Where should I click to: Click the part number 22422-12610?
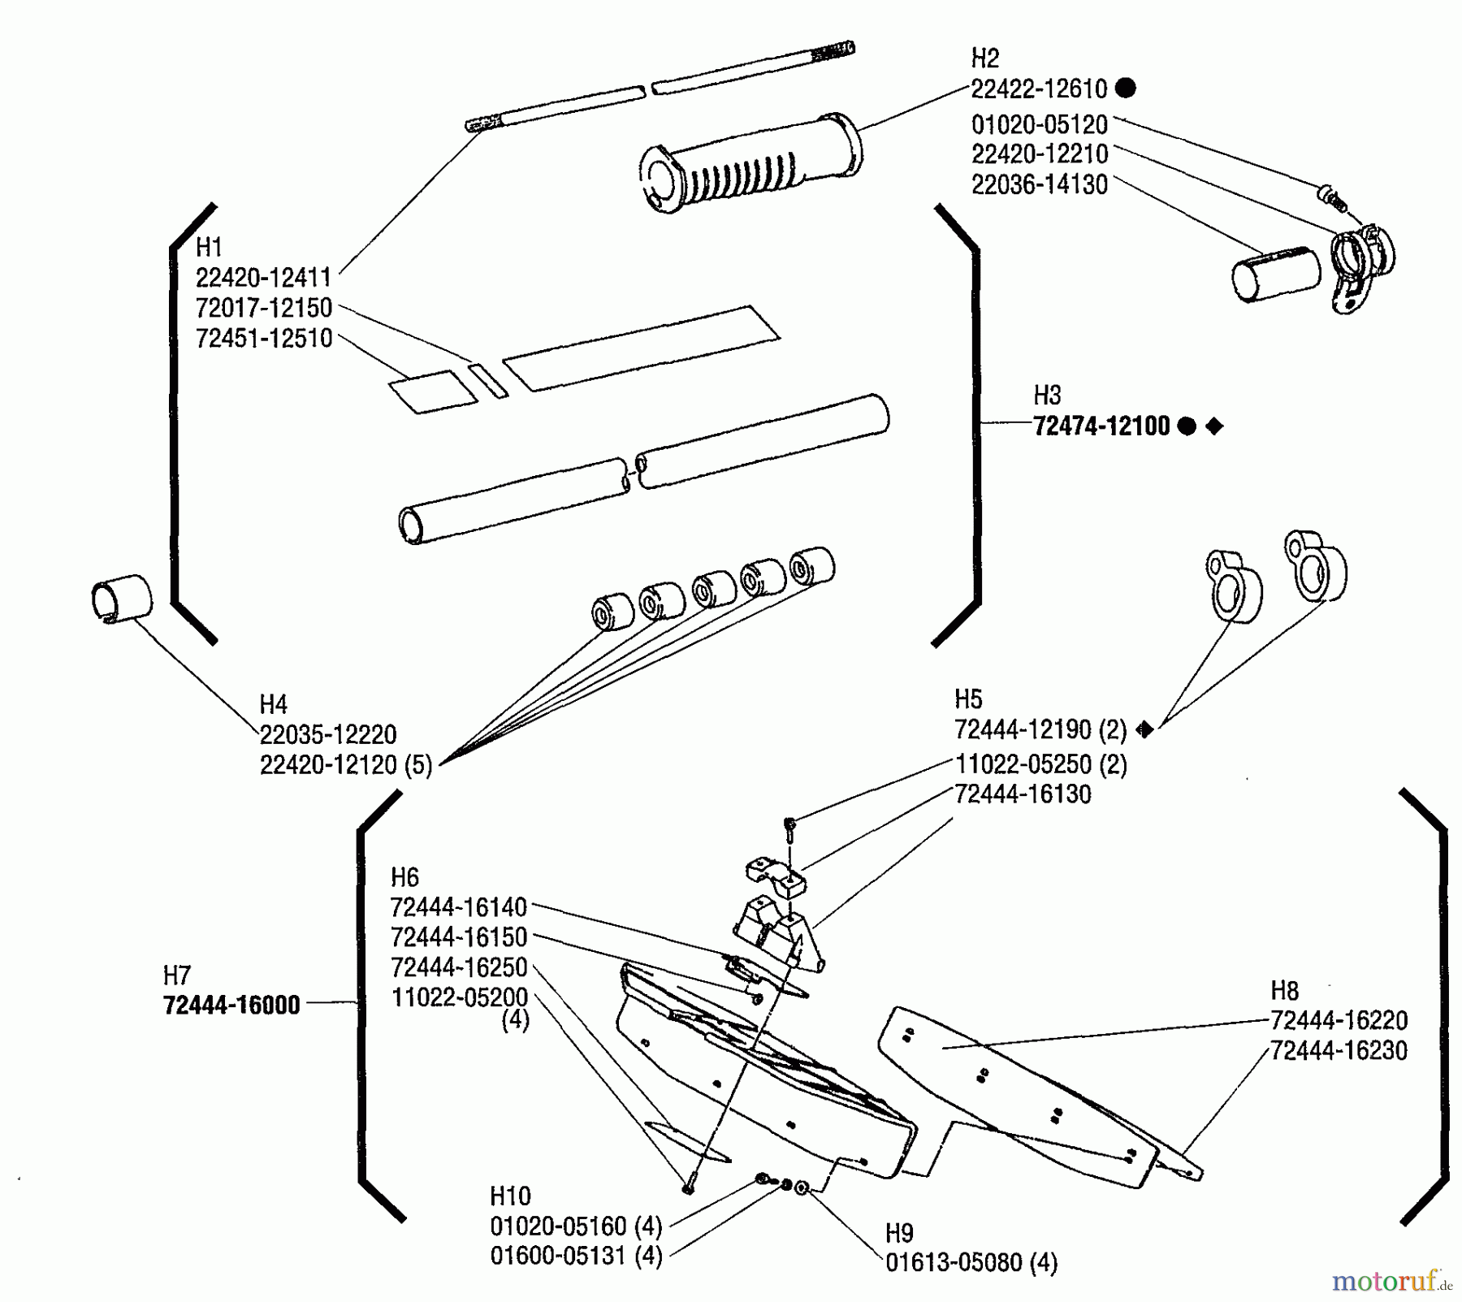point(1039,89)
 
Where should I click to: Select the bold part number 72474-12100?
point(1101,426)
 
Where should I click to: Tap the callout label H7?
point(176,975)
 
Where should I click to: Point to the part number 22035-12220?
point(328,734)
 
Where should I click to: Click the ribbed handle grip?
point(750,164)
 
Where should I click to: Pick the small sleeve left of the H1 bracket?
point(121,599)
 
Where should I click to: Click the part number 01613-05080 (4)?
point(971,1263)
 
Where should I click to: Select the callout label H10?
point(510,1196)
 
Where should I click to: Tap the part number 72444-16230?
point(1339,1050)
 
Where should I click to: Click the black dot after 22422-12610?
point(1126,88)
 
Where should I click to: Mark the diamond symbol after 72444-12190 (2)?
point(1144,729)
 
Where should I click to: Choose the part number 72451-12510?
point(264,338)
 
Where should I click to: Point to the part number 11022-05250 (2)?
point(1040,764)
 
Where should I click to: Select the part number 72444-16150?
point(459,937)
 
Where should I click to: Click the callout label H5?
point(968,699)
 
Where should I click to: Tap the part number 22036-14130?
point(1040,184)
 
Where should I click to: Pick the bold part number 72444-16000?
point(231,1005)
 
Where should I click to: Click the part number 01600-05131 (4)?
point(577,1256)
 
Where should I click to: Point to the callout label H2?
point(985,58)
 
